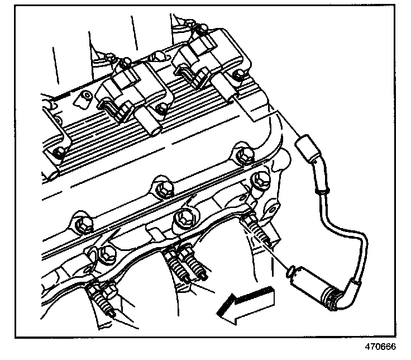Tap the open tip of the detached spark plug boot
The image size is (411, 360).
tap(289, 272)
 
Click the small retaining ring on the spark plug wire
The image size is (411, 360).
tap(321, 191)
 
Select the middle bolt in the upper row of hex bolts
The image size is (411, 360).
tap(163, 187)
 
